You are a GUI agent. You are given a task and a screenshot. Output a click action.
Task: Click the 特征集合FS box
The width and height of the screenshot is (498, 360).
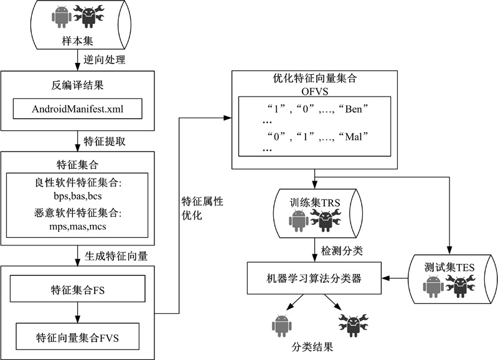click(78, 291)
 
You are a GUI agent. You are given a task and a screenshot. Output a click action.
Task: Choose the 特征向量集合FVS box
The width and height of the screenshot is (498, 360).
click(78, 338)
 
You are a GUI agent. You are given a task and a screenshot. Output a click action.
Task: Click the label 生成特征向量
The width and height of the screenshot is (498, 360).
click(111, 254)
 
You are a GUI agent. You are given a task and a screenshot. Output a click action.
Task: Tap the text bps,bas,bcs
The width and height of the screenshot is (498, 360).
click(78, 197)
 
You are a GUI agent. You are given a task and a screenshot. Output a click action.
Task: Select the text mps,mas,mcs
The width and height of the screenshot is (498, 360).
click(78, 227)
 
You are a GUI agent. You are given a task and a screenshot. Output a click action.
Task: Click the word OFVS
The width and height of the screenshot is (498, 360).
click(314, 91)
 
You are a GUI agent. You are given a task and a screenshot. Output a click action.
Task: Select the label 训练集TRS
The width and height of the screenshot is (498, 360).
click(312, 202)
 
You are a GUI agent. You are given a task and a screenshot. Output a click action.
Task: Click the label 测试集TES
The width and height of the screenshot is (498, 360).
click(450, 267)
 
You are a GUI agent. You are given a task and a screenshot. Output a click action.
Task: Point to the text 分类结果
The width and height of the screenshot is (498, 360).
click(312, 346)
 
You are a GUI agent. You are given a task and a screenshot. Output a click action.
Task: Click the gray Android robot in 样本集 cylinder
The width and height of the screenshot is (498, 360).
click(60, 17)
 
